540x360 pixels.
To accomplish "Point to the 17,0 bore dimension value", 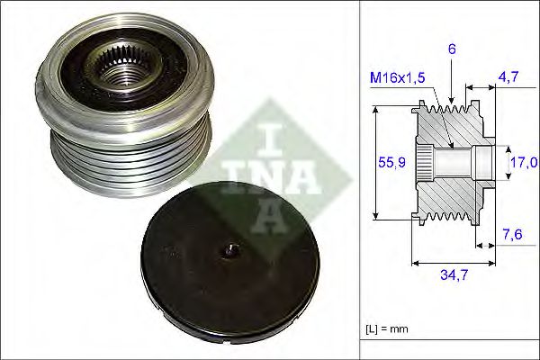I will point(523,163).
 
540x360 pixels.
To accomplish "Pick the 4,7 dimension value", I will point(509,78).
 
